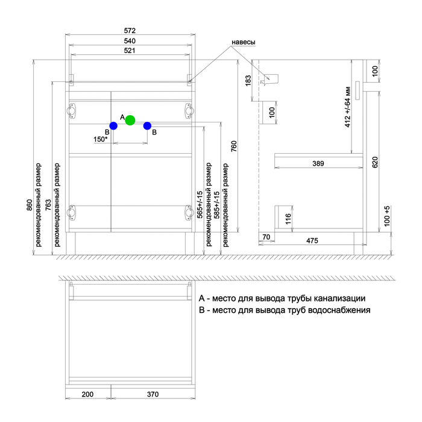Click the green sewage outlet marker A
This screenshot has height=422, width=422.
130,121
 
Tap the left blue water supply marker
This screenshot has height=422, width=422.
113,125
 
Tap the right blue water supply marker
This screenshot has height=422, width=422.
147,125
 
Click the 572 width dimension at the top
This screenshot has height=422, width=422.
130,31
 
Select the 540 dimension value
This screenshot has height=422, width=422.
130,41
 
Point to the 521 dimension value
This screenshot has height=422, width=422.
130,51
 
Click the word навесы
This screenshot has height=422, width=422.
244,42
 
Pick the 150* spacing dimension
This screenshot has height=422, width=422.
101,139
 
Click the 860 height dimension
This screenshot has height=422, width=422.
30,205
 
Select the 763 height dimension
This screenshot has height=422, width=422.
48,205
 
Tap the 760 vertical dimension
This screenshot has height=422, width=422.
234,146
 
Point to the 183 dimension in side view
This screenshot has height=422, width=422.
248,80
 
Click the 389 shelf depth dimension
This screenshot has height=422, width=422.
318,163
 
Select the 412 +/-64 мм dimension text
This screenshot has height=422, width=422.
348,107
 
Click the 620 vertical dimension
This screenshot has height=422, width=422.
375,162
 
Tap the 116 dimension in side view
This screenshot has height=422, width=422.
288,219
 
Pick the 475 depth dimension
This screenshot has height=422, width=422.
312,241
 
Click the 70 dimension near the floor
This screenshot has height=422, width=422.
266,237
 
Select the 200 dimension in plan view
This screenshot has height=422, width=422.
87,394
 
